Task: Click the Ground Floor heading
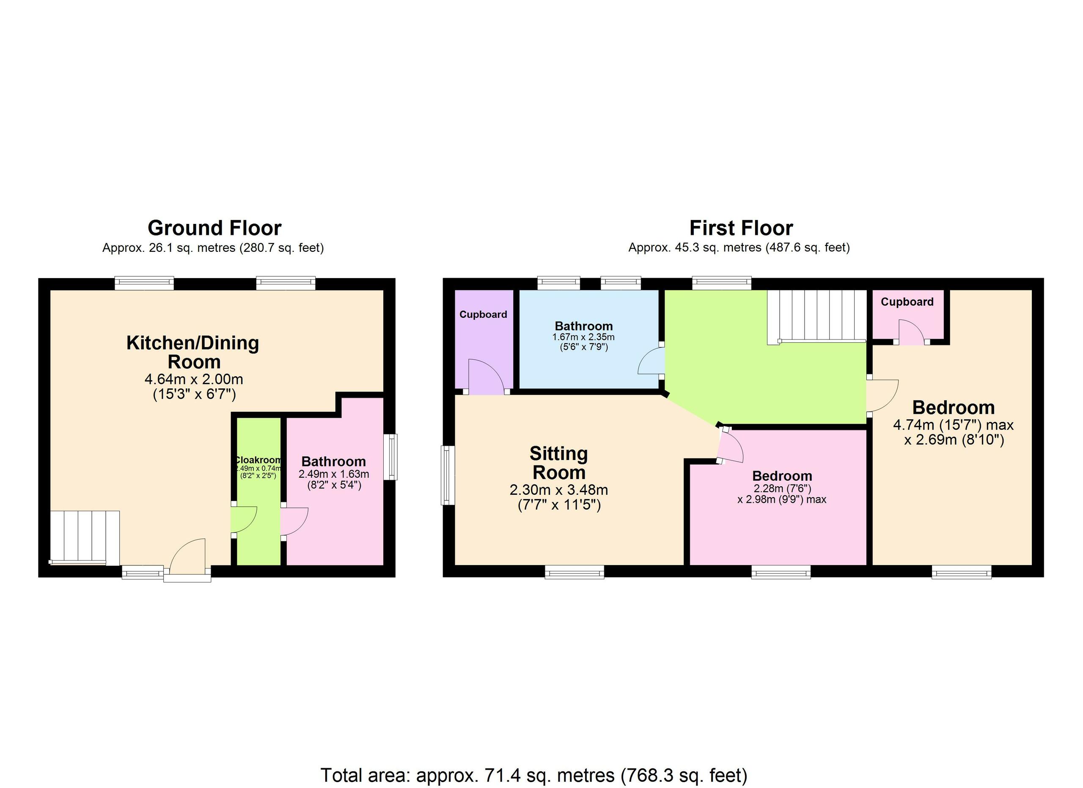pos(214,228)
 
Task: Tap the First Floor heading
pos(741,228)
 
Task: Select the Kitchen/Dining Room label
pos(193,352)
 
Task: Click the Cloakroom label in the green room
pos(258,460)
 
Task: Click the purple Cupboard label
pos(483,314)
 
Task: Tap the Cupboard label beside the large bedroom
pos(907,302)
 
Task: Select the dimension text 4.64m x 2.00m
pos(193,379)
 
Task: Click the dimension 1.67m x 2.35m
pos(583,337)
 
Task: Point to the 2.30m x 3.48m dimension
pos(559,490)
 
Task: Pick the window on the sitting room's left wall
pos(448,475)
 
